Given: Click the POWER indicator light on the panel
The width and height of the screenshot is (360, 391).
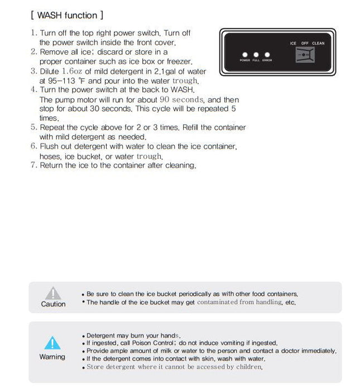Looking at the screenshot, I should pos(244,55).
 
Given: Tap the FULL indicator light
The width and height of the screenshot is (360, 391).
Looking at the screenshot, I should pos(256,55).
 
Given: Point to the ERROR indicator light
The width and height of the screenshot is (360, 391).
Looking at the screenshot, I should pos(267,55).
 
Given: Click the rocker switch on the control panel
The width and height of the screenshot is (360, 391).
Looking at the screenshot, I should pos(305,55).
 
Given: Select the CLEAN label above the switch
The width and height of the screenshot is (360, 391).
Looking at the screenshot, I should pos(318,43).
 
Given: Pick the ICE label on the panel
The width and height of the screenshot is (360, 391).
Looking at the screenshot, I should pos(293,43).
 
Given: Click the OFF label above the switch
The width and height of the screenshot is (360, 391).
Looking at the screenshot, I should pos(305,43).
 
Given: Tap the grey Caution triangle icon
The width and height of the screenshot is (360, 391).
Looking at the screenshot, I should pos(53,293).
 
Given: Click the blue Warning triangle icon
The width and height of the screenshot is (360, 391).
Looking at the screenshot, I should pos(52,342).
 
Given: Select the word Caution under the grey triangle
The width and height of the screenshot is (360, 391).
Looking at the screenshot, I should pos(53,304).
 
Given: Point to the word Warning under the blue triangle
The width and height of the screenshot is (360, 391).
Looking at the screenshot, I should pos(52,357).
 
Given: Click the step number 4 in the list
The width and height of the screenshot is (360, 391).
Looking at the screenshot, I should pos(34,89).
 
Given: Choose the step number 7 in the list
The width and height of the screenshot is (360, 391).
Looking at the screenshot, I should pos(34,165).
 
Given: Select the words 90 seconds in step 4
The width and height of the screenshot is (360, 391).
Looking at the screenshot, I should pos(182,99).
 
